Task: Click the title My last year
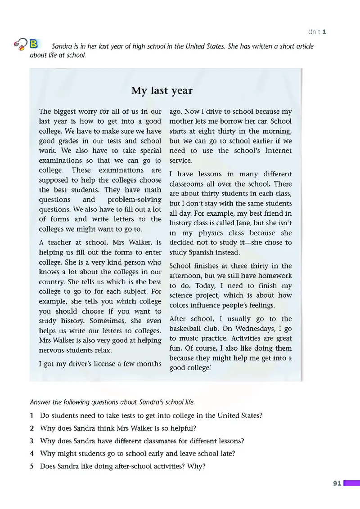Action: coord(162,91)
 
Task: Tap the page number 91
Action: coord(337,483)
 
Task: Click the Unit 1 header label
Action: coord(317,31)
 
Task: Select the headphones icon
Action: coord(20,44)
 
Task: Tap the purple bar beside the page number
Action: coord(351,483)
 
